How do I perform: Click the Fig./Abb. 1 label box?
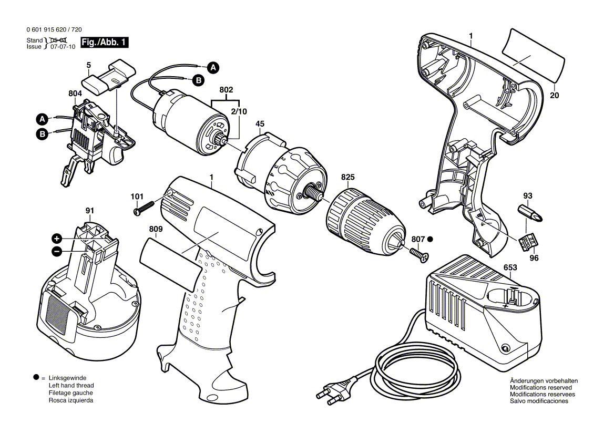pos(104,43)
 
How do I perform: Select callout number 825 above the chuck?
pos(347,178)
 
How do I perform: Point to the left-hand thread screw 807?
pos(418,255)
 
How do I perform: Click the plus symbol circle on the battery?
pos(57,237)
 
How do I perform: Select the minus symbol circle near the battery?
pos(57,252)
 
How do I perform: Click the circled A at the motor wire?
pos(212,67)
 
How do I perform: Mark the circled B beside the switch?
pos(42,134)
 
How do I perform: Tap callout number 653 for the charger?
pos(510,267)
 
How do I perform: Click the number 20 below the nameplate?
pos(555,96)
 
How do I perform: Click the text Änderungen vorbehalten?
pos(544,381)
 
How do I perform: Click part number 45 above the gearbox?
pos(260,124)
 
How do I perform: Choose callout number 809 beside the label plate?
pos(156,229)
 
